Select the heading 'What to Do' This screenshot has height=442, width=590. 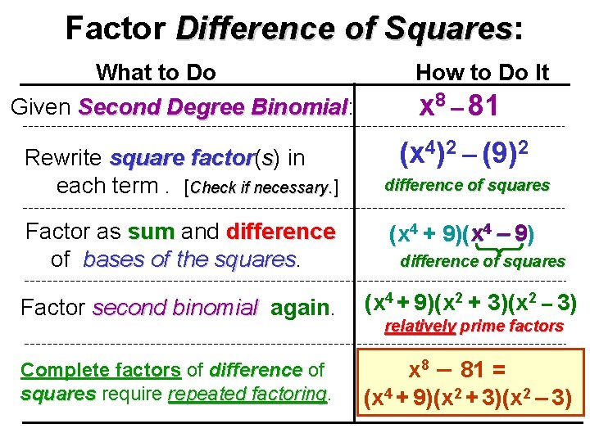(x=156, y=73)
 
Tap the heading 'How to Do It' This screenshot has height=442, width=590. (x=482, y=73)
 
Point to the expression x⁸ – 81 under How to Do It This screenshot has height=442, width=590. (x=459, y=107)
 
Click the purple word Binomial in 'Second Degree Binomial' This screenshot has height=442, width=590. (x=301, y=107)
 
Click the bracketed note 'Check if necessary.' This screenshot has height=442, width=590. (x=263, y=187)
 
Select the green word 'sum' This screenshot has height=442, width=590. (x=151, y=232)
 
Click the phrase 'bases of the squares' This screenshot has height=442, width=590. (x=189, y=259)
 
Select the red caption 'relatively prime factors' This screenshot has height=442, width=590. (x=474, y=326)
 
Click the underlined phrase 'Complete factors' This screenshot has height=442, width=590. (x=101, y=370)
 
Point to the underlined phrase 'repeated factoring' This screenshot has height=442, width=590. (x=247, y=394)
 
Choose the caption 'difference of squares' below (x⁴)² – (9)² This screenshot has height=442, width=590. (x=467, y=186)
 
